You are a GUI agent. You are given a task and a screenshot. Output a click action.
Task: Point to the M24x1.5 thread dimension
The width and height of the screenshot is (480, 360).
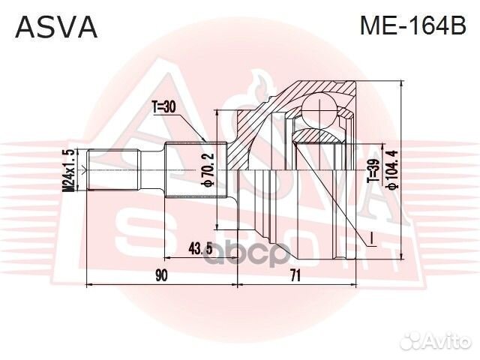(69, 171)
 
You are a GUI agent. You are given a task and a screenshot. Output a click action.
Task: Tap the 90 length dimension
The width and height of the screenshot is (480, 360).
(160, 275)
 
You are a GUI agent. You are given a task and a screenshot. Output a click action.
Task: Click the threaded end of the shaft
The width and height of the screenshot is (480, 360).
(112, 171)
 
